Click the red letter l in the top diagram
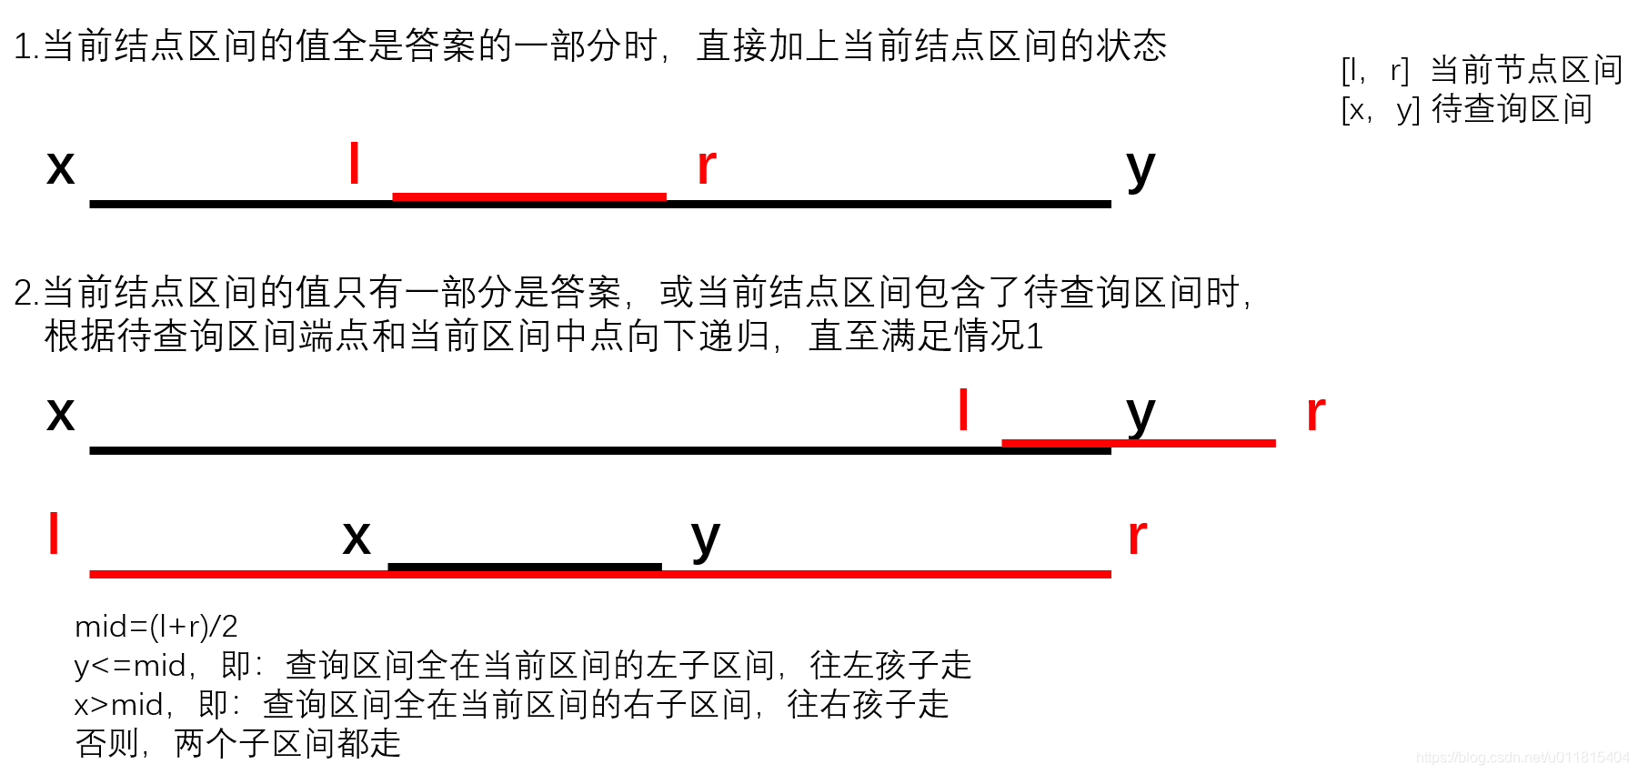(354, 164)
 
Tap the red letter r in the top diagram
(706, 166)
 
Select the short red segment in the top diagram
(528, 196)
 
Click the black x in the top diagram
(60, 167)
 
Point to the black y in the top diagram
(1140, 169)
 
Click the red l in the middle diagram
(963, 410)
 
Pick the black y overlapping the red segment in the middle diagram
(1140, 416)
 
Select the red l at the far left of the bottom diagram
(54, 533)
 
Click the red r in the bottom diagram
(1137, 537)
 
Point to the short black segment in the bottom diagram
(524, 567)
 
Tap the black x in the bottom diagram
(357, 538)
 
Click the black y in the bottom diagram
(705, 539)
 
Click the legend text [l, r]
(1374, 71)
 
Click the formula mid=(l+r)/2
(156, 627)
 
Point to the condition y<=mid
(130, 666)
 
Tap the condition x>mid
(119, 705)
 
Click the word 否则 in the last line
(107, 744)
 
